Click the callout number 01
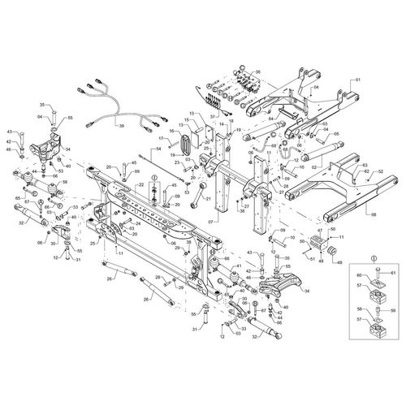356,81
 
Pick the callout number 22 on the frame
140,186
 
